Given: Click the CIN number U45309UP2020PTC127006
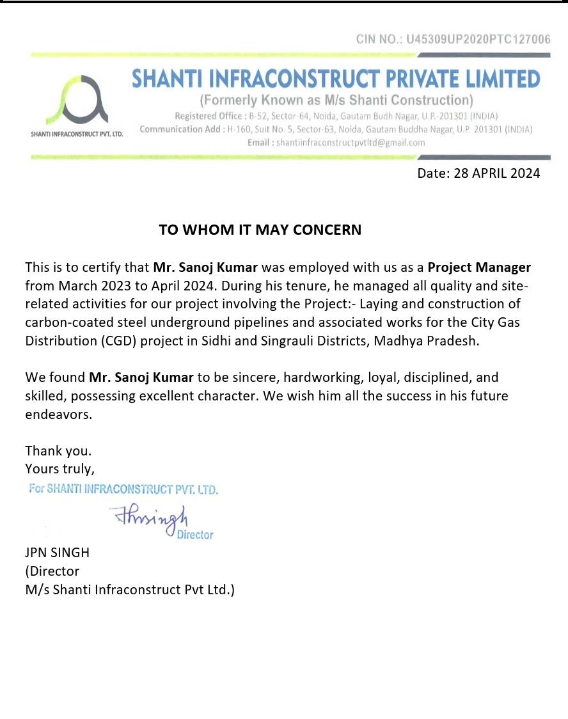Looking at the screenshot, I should (478, 40).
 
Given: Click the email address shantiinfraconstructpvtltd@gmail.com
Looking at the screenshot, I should (350, 143).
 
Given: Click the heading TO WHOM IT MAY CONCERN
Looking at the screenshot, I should (260, 230).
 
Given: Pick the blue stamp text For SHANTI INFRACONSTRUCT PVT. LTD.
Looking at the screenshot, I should (124, 490).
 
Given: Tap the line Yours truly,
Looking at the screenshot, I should (59, 469).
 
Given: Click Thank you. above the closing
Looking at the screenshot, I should (58, 451).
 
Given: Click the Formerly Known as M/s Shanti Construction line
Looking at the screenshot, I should (336, 100).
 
